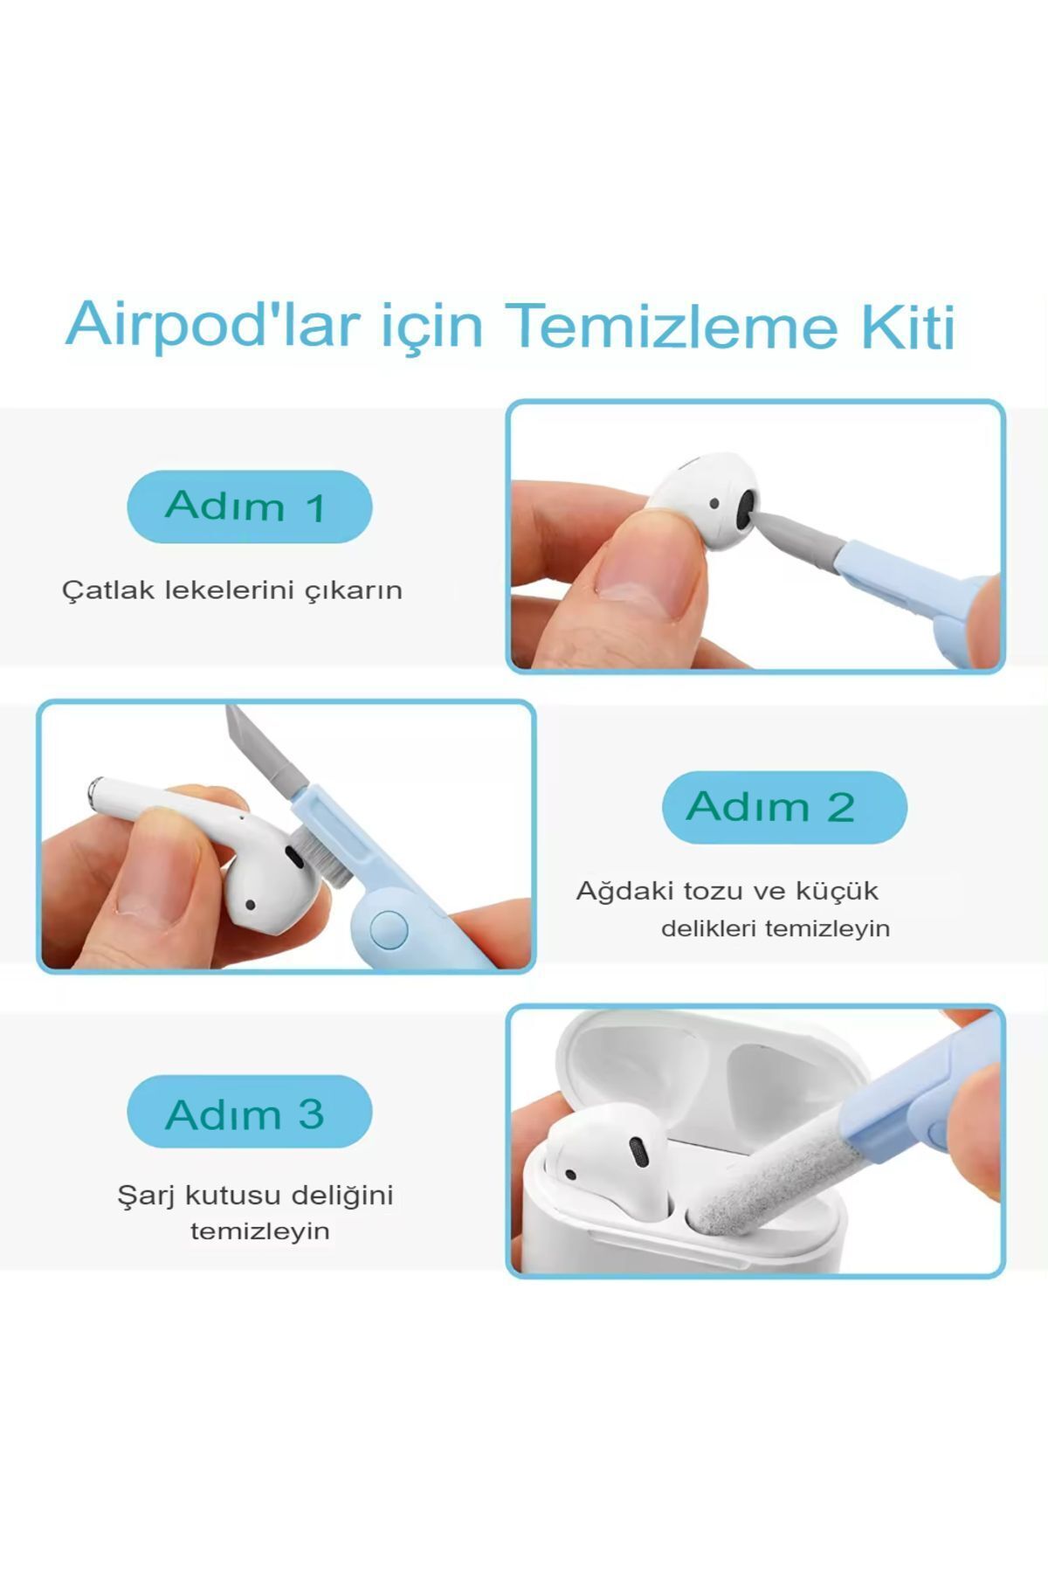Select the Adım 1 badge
pos(250,507)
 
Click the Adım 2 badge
pos(784,807)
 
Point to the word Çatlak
pos(101,590)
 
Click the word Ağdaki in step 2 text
pos(624,892)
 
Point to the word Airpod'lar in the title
pos(213,325)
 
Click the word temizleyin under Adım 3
pos(260,1232)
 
